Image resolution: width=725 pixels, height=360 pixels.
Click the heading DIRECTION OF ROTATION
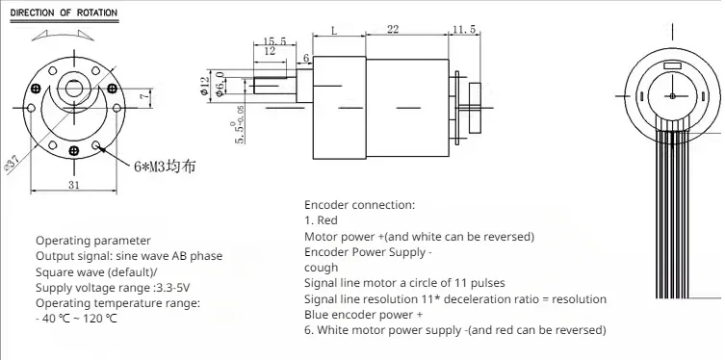coord(64,13)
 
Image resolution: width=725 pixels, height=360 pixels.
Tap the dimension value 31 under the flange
coord(74,185)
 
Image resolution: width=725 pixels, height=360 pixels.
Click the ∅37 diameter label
coord(12,165)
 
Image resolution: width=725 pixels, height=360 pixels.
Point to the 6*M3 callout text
coord(165,166)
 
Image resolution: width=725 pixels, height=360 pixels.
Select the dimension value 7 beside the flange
coord(144,96)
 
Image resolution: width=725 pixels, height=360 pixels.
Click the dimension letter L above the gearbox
coord(334,30)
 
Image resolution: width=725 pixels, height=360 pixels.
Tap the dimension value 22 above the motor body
coord(393,30)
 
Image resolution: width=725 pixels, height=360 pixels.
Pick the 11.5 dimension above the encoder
coord(464,30)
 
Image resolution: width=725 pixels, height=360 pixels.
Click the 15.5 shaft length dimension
coord(274,41)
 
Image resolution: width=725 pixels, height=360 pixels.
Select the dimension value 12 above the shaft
coord(270,51)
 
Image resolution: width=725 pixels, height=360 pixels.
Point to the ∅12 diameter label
coord(205,86)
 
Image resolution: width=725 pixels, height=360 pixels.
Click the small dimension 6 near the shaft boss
coord(305,58)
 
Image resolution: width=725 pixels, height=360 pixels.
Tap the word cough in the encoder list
coord(321,268)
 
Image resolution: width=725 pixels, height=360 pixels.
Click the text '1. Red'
coord(321,220)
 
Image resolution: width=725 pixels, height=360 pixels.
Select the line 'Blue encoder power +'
coord(363,315)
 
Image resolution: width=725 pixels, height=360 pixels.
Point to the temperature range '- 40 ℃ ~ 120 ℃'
coord(76,319)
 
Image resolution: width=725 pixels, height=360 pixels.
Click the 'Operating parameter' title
coord(93,241)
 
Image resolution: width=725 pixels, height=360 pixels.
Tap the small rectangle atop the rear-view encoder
coord(672,66)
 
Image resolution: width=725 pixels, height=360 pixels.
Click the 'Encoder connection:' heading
coord(360,205)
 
